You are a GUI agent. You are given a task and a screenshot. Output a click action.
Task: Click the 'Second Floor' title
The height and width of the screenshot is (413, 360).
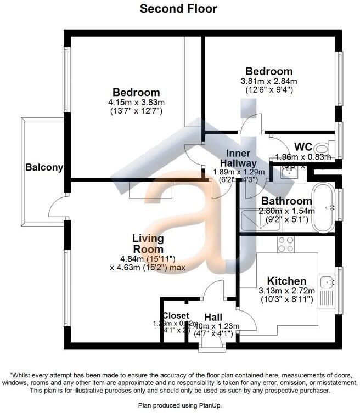178,9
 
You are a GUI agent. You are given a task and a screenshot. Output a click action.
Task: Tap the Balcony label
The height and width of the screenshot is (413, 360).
44,168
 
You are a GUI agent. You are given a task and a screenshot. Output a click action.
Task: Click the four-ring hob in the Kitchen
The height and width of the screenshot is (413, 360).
285,244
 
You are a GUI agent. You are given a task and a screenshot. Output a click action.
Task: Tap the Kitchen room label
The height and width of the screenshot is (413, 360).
286,281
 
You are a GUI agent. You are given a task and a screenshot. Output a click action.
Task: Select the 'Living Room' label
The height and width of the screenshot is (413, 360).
148,244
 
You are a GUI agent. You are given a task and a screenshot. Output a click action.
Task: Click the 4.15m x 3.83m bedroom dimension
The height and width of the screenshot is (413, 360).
136,103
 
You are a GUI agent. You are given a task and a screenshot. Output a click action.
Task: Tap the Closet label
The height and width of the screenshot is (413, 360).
175,316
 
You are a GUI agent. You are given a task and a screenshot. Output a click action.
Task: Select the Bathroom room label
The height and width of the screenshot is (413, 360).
286,201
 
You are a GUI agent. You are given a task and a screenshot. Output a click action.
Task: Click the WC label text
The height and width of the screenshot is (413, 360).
303,146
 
